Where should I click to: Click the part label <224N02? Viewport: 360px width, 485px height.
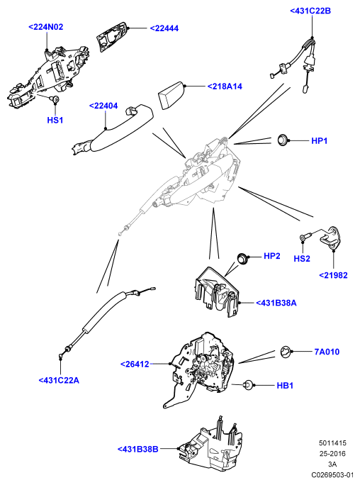click(46, 27)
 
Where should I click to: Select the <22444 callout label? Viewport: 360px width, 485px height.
click(164, 28)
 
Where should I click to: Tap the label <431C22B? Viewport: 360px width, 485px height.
click(310, 11)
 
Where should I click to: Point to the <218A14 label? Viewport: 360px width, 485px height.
click(225, 87)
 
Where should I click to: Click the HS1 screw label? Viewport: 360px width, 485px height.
click(55, 120)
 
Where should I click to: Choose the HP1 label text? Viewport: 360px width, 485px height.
click(319, 140)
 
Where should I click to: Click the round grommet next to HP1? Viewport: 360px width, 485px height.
click(283, 140)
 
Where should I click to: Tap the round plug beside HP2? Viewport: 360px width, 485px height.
click(242, 258)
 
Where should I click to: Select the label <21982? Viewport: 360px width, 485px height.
click(333, 275)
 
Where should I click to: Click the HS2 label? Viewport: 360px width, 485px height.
click(302, 259)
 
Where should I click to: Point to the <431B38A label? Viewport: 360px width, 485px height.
click(276, 303)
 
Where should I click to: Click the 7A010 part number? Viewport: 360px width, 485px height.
click(327, 352)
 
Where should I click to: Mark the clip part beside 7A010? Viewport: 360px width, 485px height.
click(286, 352)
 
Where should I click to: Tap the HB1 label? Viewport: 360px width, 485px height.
click(285, 386)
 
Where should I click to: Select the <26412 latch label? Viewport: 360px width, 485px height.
click(135, 364)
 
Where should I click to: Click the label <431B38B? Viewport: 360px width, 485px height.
click(137, 449)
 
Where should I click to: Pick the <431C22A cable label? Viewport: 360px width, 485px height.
click(59, 380)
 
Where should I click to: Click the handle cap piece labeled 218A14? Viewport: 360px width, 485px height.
click(171, 95)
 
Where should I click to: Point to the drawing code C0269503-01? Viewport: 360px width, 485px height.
click(332, 475)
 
